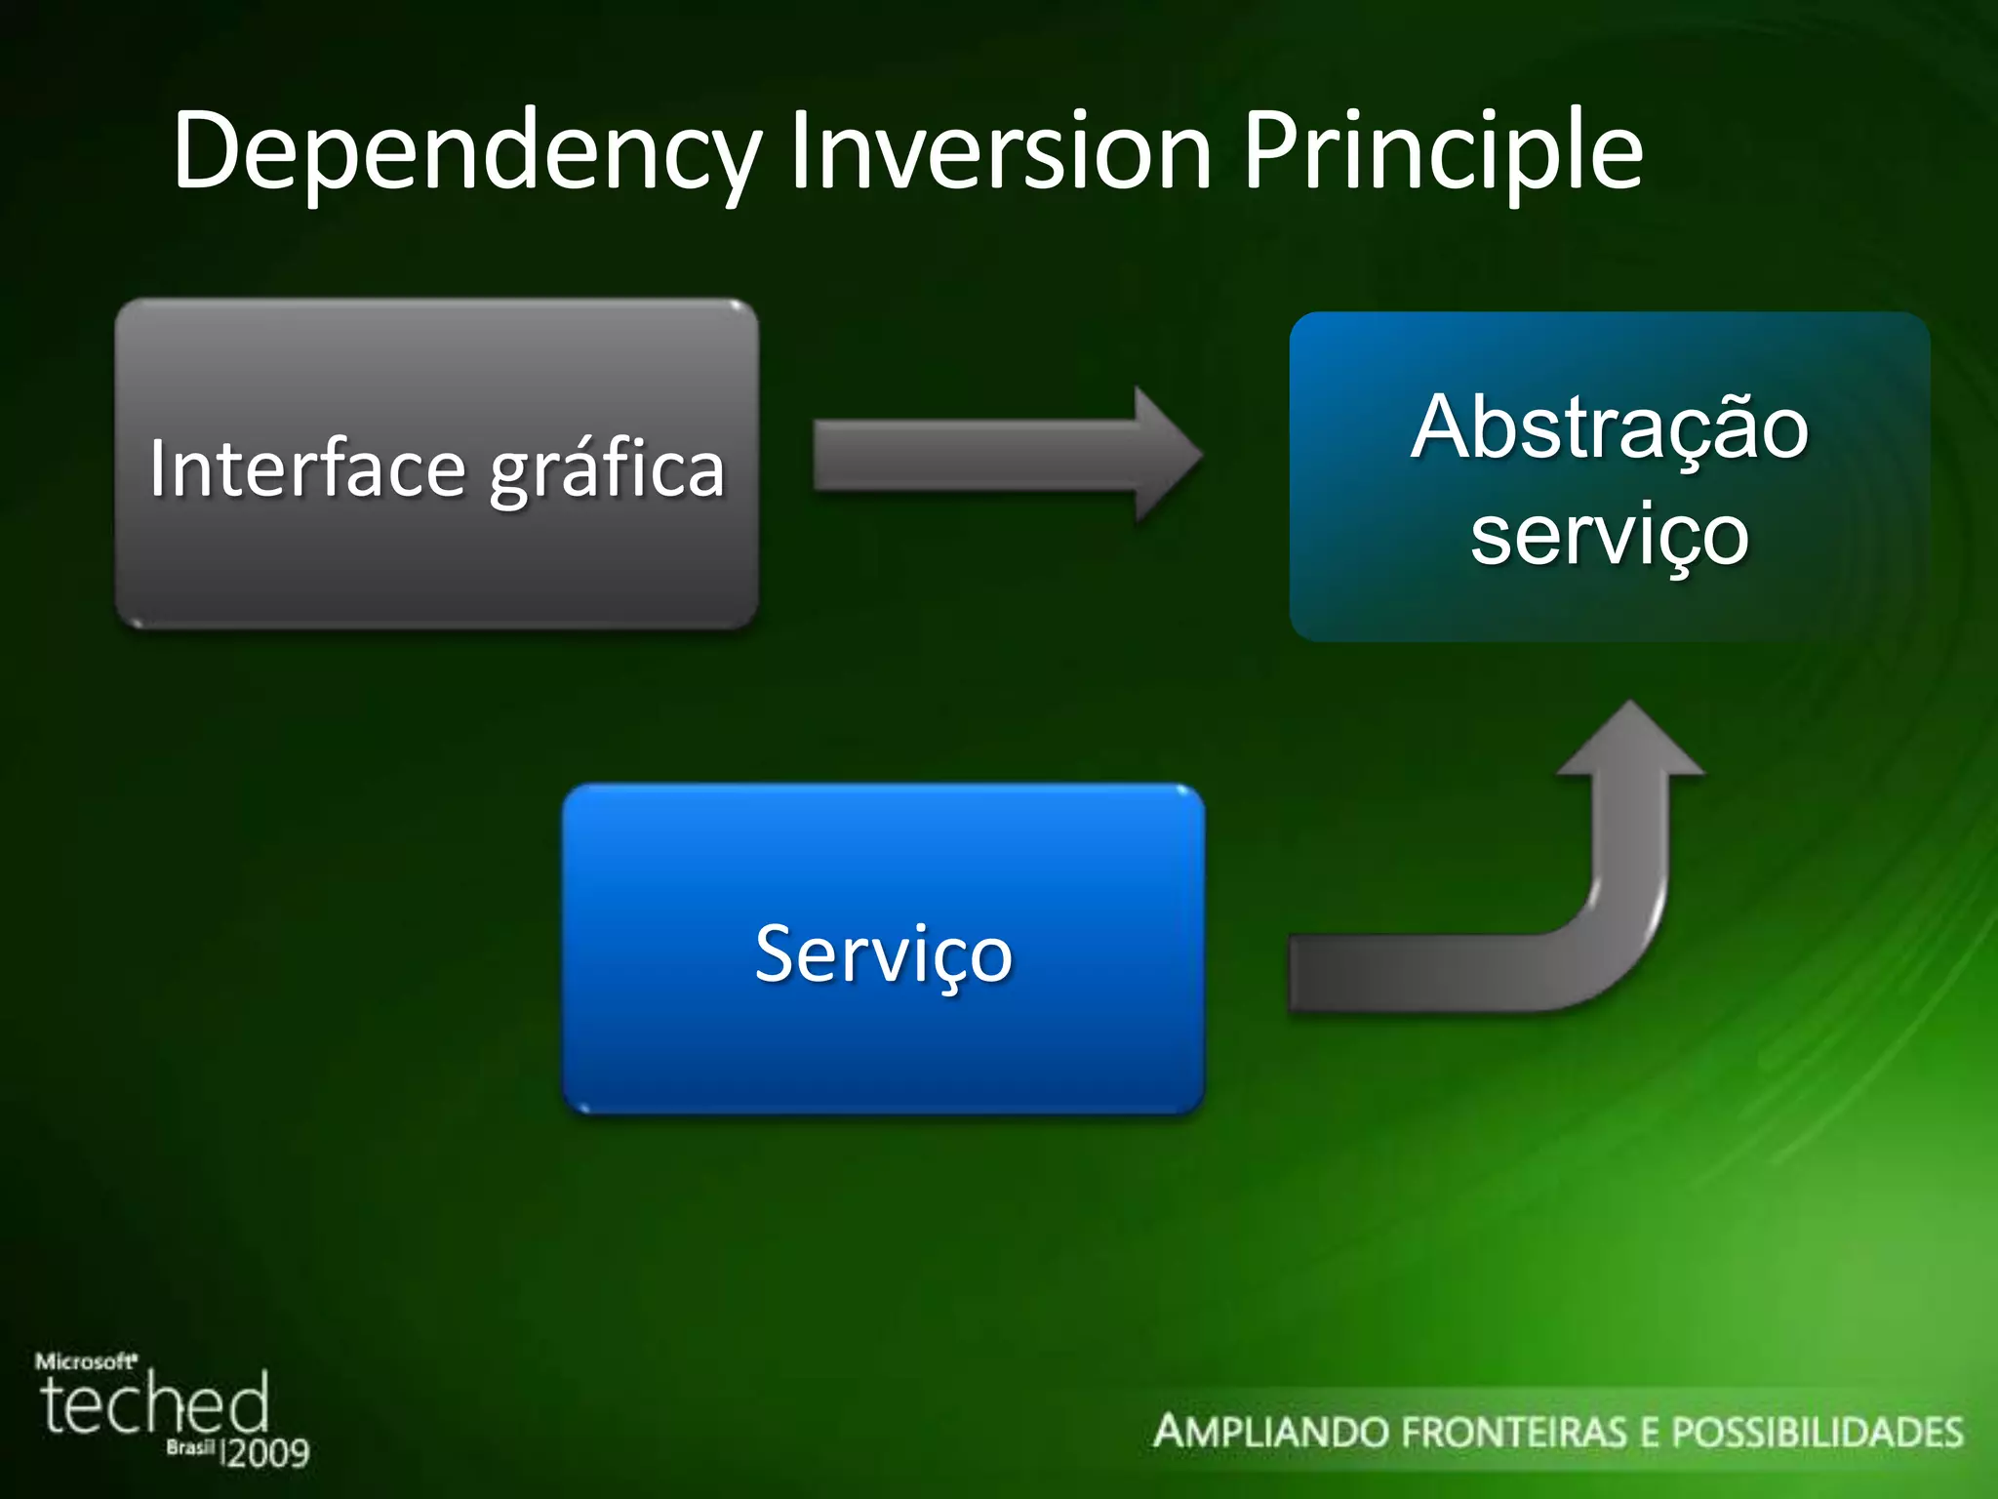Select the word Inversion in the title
[x=1000, y=151]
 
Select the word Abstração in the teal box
[x=1610, y=427]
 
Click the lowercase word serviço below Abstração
[x=1610, y=535]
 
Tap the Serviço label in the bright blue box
[x=884, y=954]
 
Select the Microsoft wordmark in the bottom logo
[x=86, y=1360]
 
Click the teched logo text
[x=154, y=1403]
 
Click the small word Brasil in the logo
[x=189, y=1447]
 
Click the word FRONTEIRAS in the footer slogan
[x=1514, y=1432]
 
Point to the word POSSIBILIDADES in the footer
[x=1817, y=1432]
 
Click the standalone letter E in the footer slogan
[x=1649, y=1432]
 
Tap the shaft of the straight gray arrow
[x=976, y=455]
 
